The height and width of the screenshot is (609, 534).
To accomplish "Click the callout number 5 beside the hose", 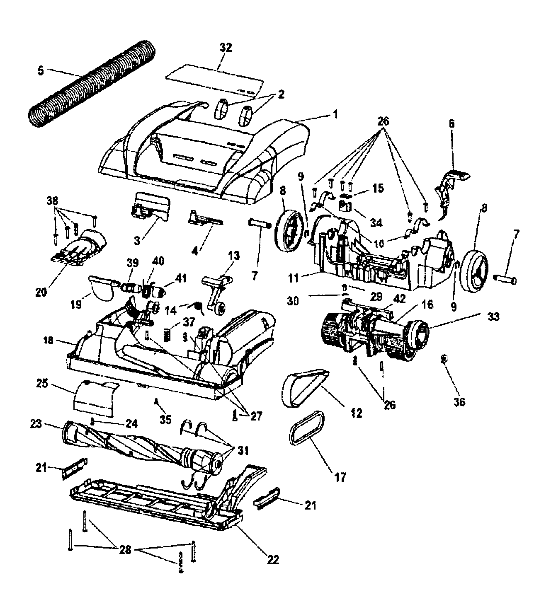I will click(x=40, y=70).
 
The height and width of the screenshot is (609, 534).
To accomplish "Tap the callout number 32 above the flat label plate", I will click(x=226, y=48).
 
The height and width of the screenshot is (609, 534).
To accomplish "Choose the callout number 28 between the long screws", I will click(x=125, y=550).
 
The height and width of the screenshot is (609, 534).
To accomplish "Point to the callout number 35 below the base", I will click(x=165, y=419).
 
